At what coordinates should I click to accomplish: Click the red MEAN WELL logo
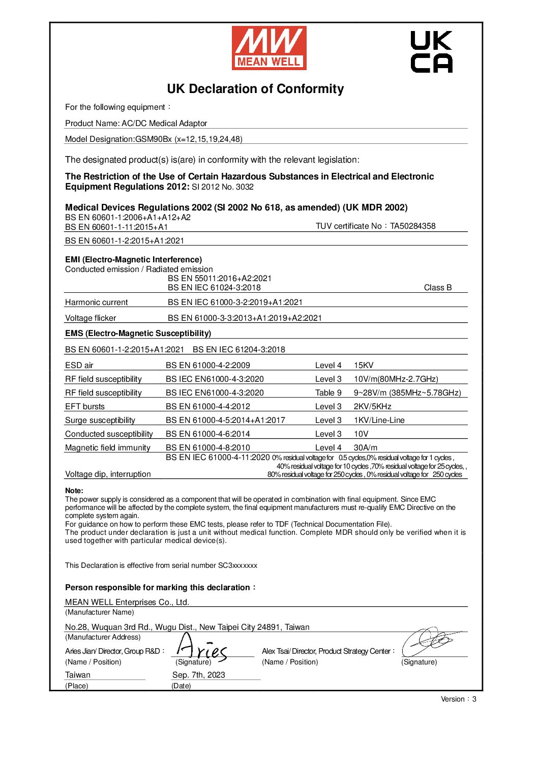click(x=269, y=48)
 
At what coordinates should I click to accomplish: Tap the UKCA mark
click(x=431, y=51)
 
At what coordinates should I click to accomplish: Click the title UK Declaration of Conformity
click(x=255, y=89)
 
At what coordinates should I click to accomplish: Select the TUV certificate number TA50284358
click(x=412, y=226)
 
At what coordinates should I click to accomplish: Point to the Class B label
click(x=437, y=288)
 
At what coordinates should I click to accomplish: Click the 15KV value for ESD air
click(x=364, y=366)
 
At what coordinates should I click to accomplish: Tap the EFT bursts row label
click(x=85, y=407)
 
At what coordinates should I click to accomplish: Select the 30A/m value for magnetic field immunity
click(x=366, y=448)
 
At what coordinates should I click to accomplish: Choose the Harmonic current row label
click(x=96, y=302)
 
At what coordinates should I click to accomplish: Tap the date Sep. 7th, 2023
click(x=198, y=675)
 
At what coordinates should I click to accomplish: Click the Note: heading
click(x=74, y=491)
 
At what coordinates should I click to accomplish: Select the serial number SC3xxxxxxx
click(x=237, y=565)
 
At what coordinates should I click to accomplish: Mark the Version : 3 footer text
click(x=458, y=699)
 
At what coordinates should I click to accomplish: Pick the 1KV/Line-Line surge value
click(x=379, y=420)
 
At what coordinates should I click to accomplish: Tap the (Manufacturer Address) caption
click(x=103, y=637)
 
